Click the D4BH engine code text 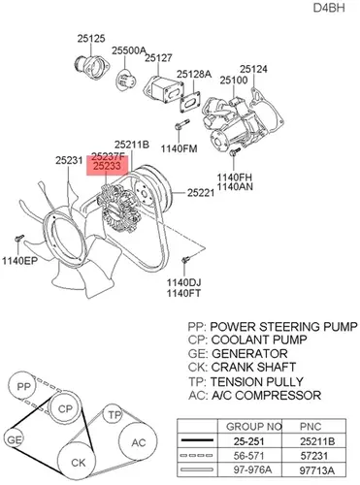pos(329,8)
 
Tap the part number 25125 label pos(91,39)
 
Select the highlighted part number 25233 pos(107,166)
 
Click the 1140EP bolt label pos(20,261)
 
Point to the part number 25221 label pos(201,193)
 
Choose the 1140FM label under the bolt pos(180,148)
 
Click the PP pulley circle pos(22,386)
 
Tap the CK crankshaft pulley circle pos(77,462)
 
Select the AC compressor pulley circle pos(138,442)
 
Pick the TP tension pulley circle pos(114,415)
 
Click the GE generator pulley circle pos(14,439)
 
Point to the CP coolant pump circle pos(65,408)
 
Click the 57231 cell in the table pos(314,456)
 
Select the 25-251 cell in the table pos(249,441)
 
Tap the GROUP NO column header pos(254,427)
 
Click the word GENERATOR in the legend pos(249,353)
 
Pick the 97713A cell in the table pos(317,470)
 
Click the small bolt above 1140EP pos(19,240)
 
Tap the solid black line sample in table pos(197,440)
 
